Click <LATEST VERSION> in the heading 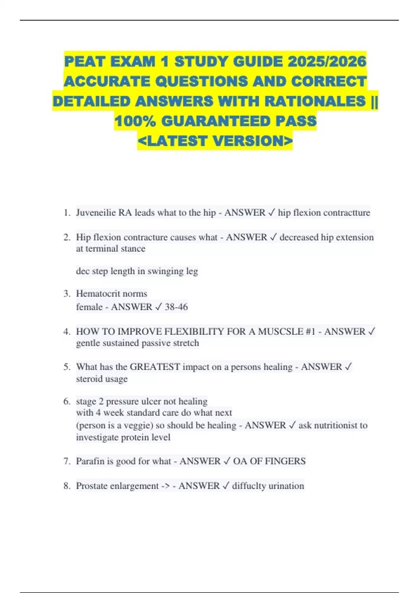(215, 141)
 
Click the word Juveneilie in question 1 (96, 212)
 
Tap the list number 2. (67, 237)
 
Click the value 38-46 (176, 307)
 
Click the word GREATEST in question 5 (155, 367)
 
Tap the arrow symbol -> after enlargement (166, 486)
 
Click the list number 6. (67, 401)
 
